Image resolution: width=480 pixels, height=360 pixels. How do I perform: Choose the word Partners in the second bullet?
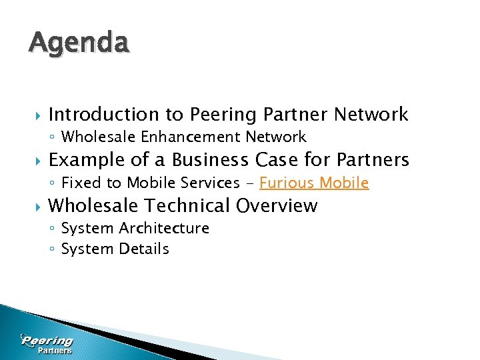tap(373, 160)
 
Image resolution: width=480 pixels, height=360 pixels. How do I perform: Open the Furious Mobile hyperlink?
tap(313, 183)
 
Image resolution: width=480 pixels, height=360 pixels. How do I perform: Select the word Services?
tap(210, 183)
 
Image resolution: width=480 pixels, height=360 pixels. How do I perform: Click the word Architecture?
tap(164, 228)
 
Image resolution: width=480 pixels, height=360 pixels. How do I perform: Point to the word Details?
tap(144, 249)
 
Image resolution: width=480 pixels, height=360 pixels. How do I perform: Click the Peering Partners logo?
tap(47, 344)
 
